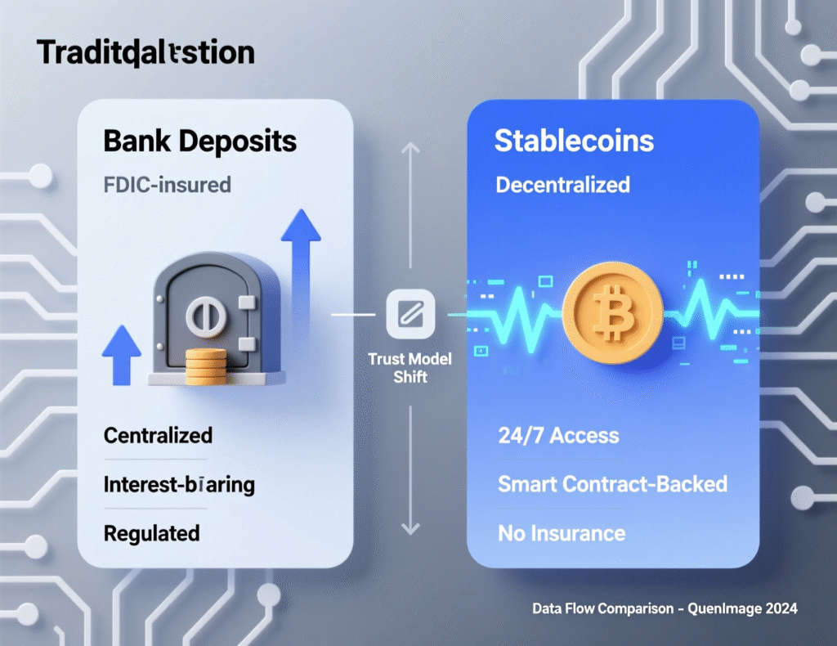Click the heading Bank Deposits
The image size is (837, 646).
[x=199, y=141]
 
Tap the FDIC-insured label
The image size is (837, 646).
[x=167, y=184]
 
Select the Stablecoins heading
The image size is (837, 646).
[x=574, y=141]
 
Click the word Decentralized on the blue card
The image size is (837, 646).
[x=562, y=185]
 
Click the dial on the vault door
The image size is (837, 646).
[x=201, y=315]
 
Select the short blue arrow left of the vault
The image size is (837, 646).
[x=122, y=351]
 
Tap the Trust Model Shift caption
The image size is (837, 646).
[x=410, y=367]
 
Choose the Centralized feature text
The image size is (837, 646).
[x=158, y=434]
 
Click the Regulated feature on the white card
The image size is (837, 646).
[x=151, y=533]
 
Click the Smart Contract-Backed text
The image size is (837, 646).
[x=612, y=483]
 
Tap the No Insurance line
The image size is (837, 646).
[x=561, y=534]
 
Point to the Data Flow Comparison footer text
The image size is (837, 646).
[x=664, y=608]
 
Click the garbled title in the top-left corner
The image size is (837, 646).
[x=145, y=54]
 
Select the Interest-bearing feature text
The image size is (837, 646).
[x=179, y=484]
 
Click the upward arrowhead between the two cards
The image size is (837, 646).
[x=410, y=149]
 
